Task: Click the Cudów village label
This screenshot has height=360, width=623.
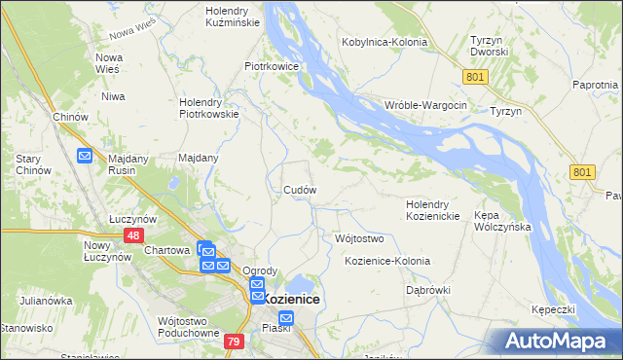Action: (x=300, y=190)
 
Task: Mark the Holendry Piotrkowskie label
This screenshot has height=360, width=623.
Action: (x=209, y=107)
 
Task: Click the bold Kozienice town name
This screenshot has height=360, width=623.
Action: (x=291, y=300)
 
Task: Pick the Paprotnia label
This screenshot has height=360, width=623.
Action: (x=597, y=86)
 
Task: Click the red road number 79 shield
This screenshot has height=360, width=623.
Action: (x=233, y=341)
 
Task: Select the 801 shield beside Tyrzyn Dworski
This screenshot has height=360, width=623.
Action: (x=474, y=75)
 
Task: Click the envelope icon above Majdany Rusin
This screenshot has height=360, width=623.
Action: (x=85, y=155)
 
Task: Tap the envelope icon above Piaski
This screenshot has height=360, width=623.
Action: (x=286, y=318)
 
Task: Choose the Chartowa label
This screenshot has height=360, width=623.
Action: (x=166, y=250)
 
